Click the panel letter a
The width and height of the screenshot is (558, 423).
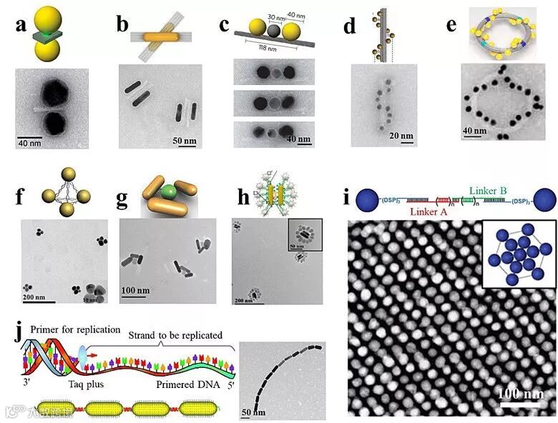tap(14, 27)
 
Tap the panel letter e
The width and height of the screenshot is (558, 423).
tap(451, 27)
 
